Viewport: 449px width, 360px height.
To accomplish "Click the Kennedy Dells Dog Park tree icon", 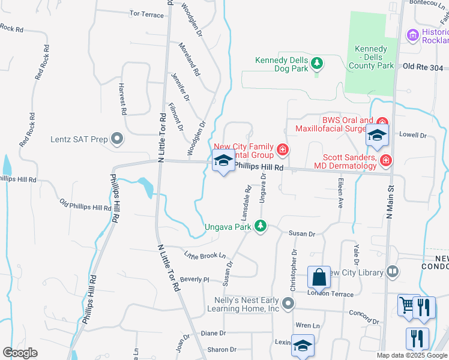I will coord(318,62).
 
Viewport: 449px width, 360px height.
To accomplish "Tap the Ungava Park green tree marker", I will coord(260,226).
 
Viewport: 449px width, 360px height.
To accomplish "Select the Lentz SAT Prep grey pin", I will coord(117,140).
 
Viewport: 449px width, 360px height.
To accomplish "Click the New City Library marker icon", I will coord(393,272).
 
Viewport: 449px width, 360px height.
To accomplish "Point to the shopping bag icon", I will coord(319,278).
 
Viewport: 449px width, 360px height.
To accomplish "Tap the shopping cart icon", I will coord(408,306).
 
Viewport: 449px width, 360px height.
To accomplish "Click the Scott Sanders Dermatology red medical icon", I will coord(385,160).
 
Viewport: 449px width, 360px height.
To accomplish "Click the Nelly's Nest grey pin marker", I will coord(289,303).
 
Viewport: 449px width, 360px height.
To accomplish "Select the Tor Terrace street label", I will coord(146,14).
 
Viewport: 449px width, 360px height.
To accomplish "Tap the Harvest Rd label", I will coord(122,99).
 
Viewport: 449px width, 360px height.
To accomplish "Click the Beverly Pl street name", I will coord(194,280).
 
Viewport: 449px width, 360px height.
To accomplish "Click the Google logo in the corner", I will coord(20,353).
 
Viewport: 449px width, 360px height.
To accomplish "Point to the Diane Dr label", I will coord(213,333).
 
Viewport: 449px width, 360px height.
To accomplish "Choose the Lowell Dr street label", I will coord(412,136).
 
